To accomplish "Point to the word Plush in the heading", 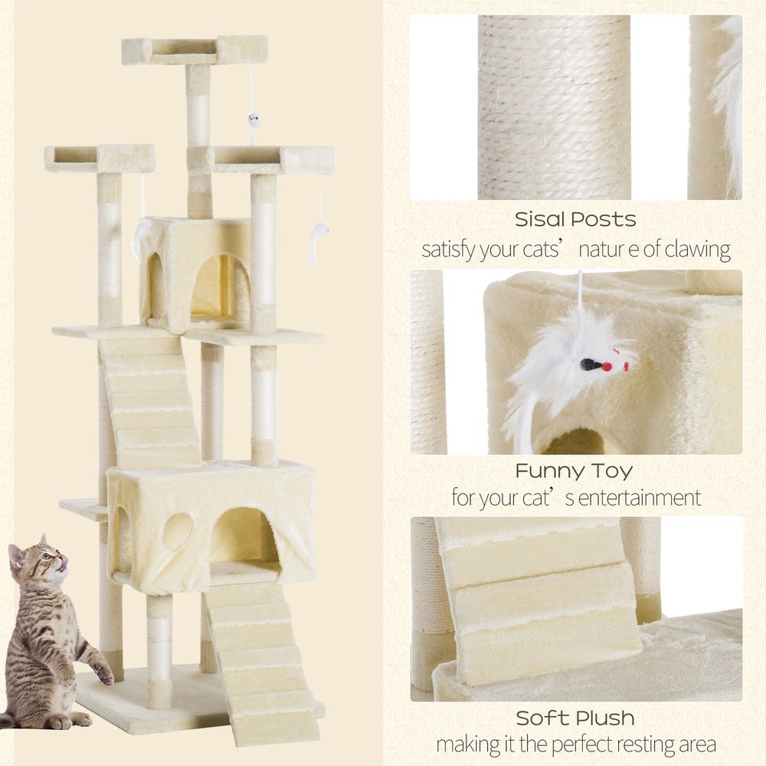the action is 606,719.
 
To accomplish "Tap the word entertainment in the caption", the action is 639,499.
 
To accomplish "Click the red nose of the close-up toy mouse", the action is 607,367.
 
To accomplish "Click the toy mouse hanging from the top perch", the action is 253,121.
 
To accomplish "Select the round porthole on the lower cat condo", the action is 177,531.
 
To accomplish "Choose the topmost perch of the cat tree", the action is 195,50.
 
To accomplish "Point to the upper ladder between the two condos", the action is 149,401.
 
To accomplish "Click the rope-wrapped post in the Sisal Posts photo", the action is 554,107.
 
